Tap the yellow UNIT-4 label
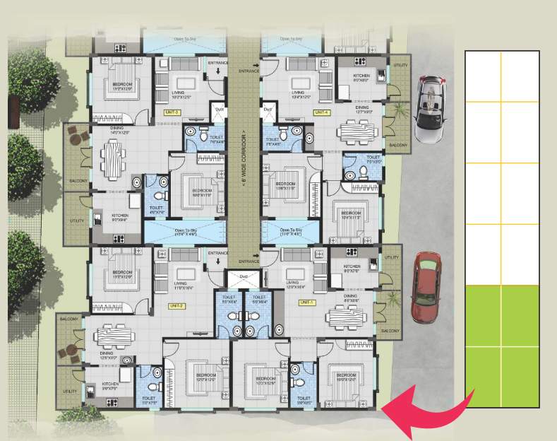pyautogui.click(x=322, y=112)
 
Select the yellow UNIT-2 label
pyautogui.click(x=176, y=305)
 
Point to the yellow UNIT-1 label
pyautogui.click(x=306, y=302)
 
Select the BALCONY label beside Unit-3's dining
pyautogui.click(x=78, y=182)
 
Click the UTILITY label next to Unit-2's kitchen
pyautogui.click(x=69, y=391)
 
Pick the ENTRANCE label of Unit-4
pyautogui.click(x=249, y=71)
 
